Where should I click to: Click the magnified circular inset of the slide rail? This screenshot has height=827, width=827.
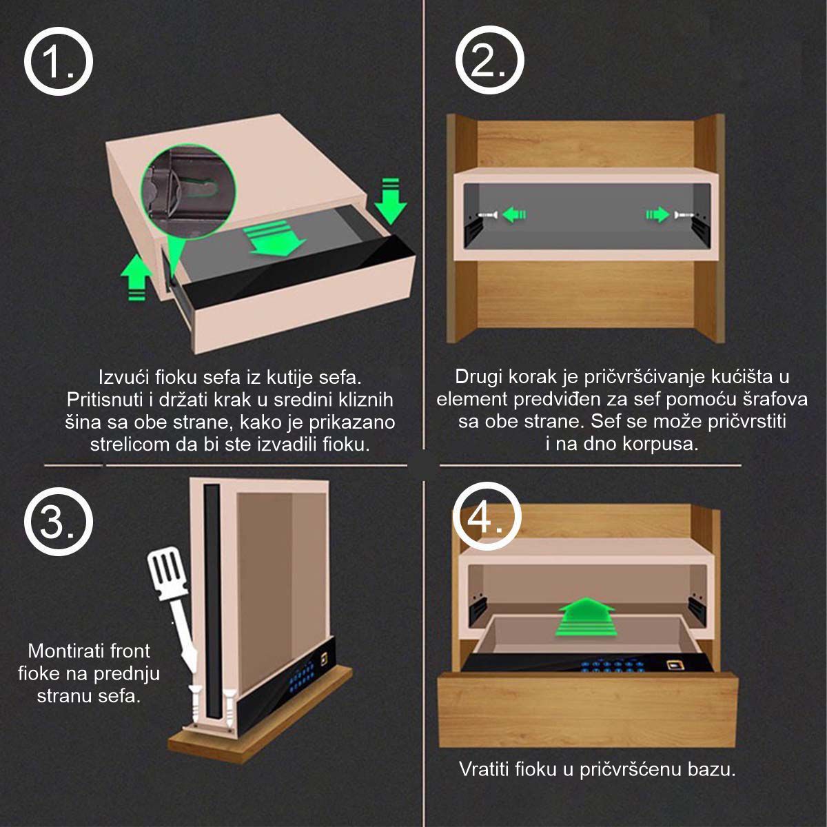click(x=187, y=190)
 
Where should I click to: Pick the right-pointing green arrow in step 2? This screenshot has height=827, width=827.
click(x=657, y=215)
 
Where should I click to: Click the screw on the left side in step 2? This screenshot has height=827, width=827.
click(x=487, y=216)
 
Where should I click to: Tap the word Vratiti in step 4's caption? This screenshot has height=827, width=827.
click(x=484, y=769)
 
